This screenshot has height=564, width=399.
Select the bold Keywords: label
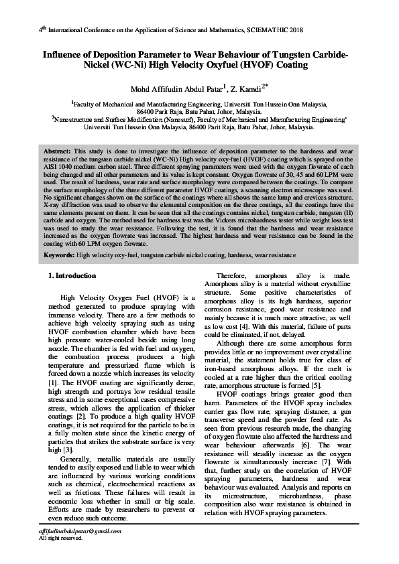60,256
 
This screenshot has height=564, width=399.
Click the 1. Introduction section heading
72,276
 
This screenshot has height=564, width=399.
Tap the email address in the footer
80,531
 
